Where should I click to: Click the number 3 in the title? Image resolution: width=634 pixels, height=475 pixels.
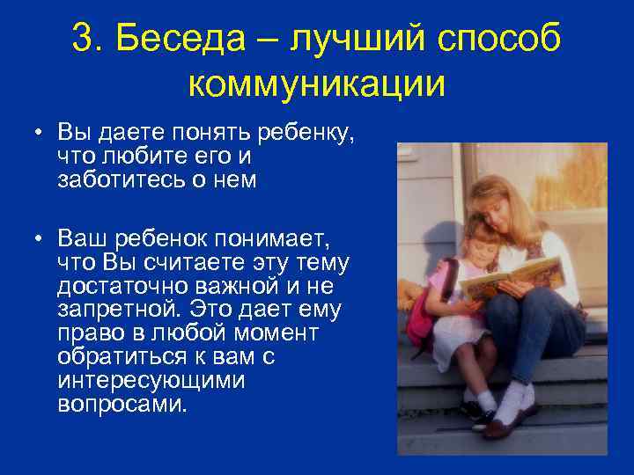pyautogui.click(x=85, y=40)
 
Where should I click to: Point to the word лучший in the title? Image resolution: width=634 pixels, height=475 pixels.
pyautogui.click(x=357, y=40)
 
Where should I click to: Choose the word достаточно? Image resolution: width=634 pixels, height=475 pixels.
pyautogui.click(x=117, y=286)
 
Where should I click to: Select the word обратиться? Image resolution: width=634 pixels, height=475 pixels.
pyautogui.click(x=112, y=358)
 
